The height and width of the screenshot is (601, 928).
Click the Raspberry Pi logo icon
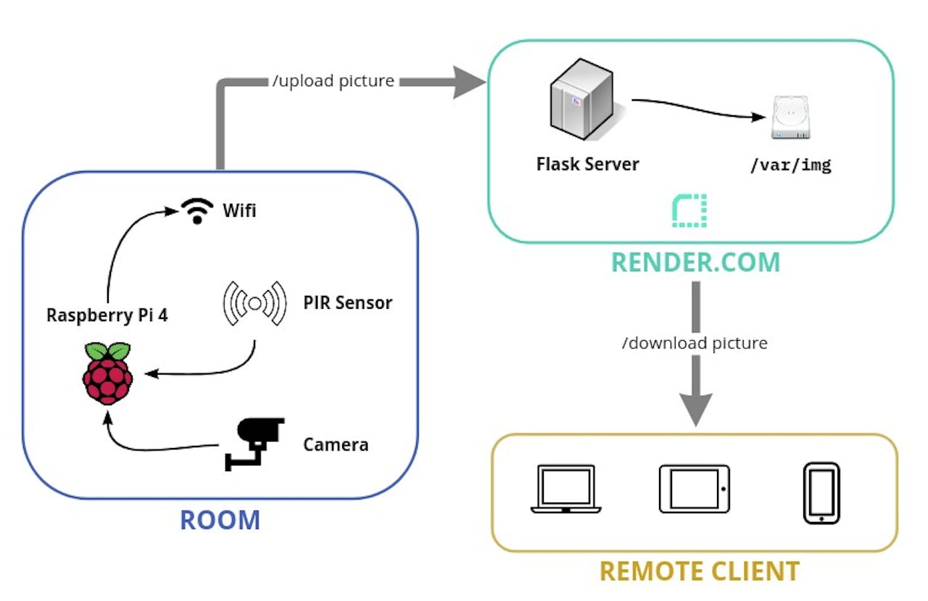pos(108,373)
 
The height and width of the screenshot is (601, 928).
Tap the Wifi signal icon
pos(196,210)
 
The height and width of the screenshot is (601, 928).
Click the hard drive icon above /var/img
pos(791,119)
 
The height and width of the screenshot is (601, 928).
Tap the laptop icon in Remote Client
pos(565,489)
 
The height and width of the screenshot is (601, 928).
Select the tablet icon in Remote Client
pos(694,489)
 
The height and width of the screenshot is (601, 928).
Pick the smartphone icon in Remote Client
pos(821,493)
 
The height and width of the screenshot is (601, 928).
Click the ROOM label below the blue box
pos(220,521)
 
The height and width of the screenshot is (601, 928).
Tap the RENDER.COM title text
pos(695,262)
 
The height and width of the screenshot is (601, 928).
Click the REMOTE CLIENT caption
pos(699,571)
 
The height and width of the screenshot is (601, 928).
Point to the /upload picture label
pos(333,81)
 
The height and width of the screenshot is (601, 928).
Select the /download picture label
pos(695,342)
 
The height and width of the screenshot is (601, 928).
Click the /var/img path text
pos(790,165)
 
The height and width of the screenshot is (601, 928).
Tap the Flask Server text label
pos(587,164)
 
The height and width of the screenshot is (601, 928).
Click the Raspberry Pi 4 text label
pos(107,315)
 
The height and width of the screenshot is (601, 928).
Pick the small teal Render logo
pos(689,210)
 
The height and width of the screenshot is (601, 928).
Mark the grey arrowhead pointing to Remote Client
pos(695,410)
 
